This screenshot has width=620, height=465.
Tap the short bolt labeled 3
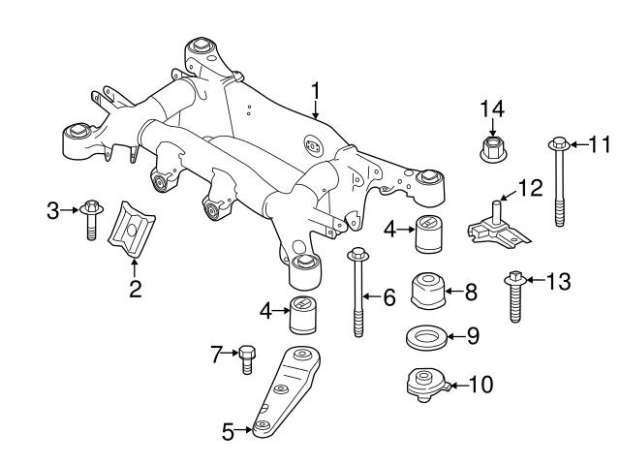pos(91,217)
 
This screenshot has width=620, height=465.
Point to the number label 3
pos(53,208)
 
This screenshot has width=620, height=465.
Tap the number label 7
pos(217,355)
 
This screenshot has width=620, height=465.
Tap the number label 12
pos(532,187)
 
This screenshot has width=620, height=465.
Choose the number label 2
pos(135,288)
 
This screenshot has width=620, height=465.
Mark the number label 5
pos(229,433)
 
